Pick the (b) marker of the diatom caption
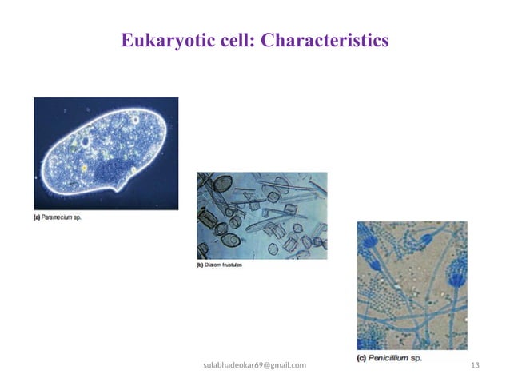(201, 265)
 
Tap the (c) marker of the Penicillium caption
(362, 359)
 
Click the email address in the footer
(255, 365)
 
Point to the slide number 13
(476, 365)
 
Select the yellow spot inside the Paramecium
(82, 169)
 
